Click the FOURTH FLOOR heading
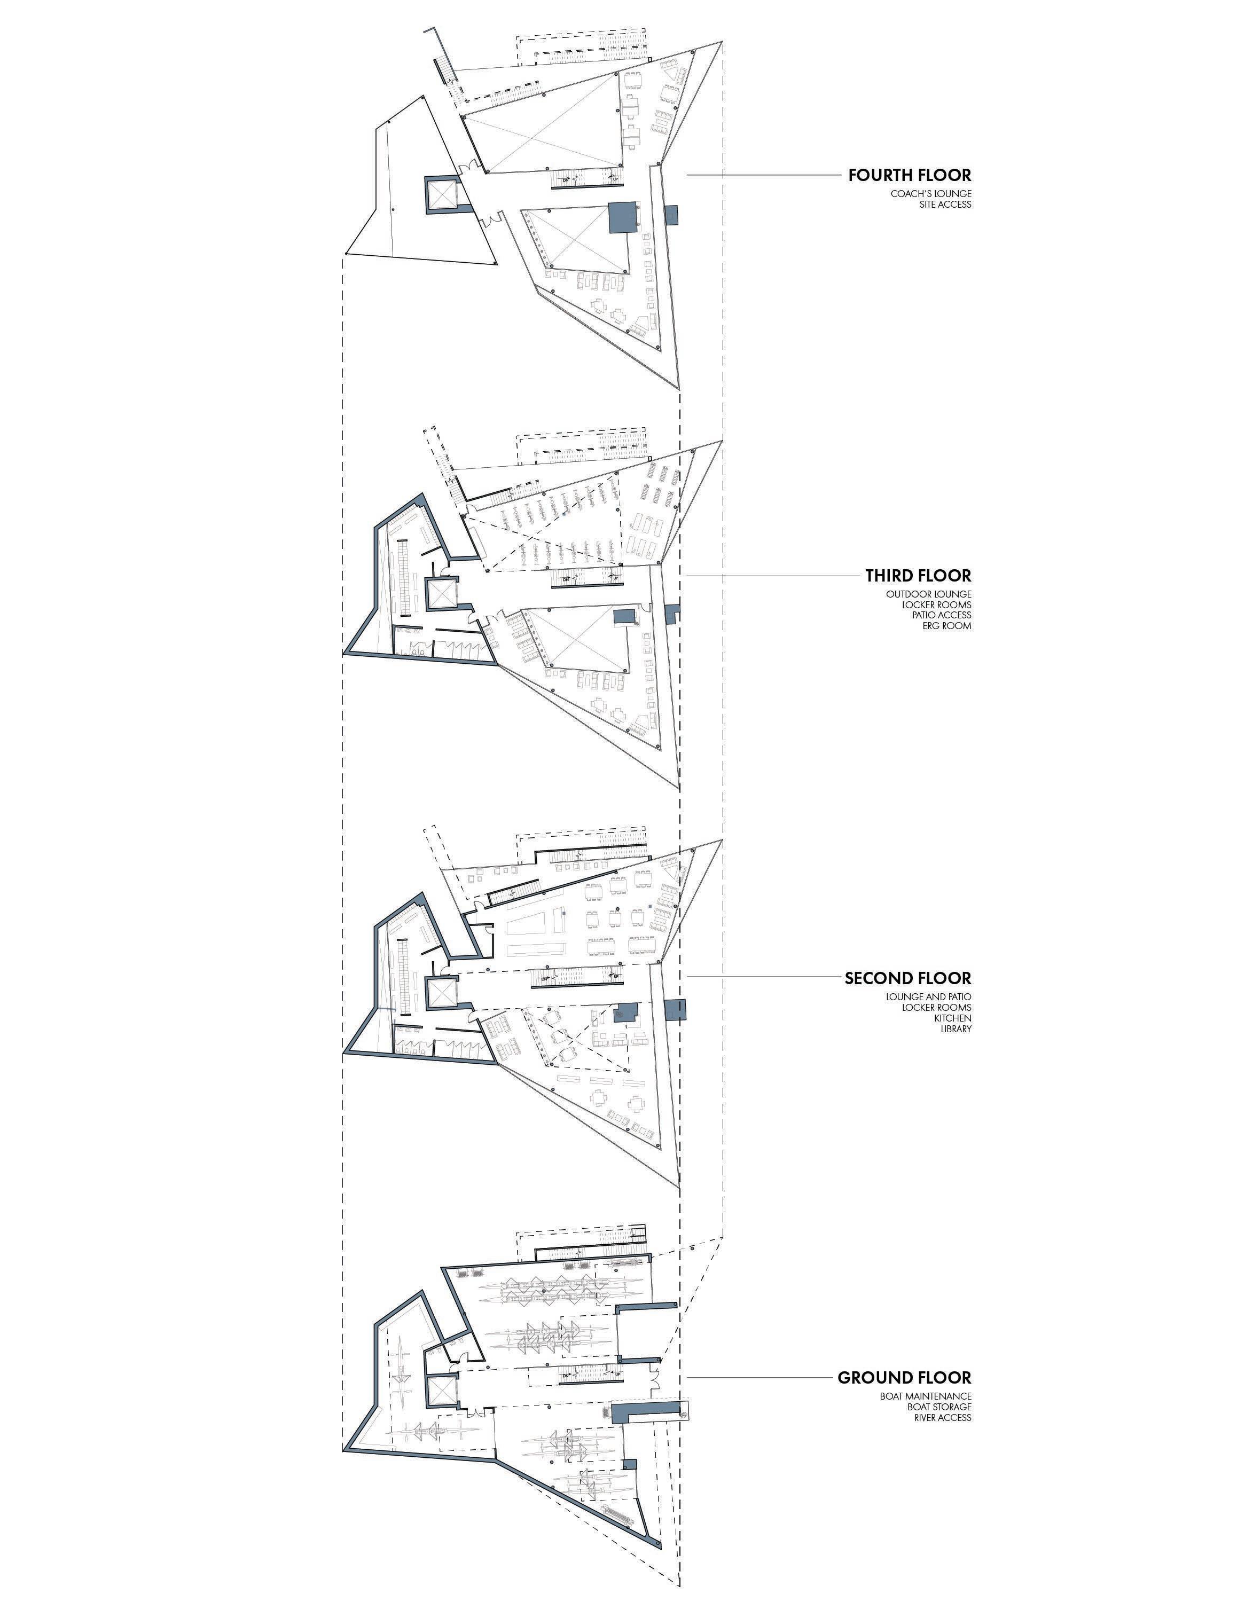[909, 175]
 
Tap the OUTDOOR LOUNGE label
[928, 594]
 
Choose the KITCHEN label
[952, 1018]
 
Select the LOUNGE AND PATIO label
[928, 997]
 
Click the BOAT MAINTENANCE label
[925, 1396]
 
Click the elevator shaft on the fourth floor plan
[443, 194]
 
